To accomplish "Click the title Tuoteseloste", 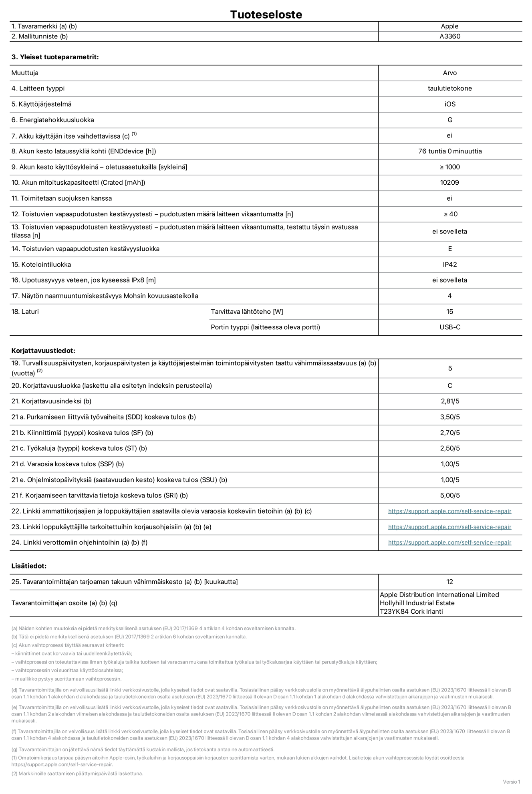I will (266, 14).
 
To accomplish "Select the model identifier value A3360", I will (449, 36).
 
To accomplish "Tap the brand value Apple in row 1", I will (449, 26).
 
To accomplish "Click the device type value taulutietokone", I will (449, 89).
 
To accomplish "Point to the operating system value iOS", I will (449, 104).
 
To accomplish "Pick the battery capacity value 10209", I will (449, 183).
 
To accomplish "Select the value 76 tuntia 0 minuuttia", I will (449, 151).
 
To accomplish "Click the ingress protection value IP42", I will (449, 265).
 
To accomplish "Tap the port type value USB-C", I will (449, 327).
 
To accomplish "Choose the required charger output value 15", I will (449, 312).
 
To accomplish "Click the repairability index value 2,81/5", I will (449, 401).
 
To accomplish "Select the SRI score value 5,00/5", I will (449, 496).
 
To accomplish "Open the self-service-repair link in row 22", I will (449, 511).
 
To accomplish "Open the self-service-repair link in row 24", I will (449, 542).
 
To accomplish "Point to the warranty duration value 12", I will (449, 582).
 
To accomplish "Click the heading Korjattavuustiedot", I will (43, 351).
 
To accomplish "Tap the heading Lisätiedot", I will (29, 566).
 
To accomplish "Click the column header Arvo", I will (449, 73).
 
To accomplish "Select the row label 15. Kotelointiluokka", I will (41, 265).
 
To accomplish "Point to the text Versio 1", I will (512, 782).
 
